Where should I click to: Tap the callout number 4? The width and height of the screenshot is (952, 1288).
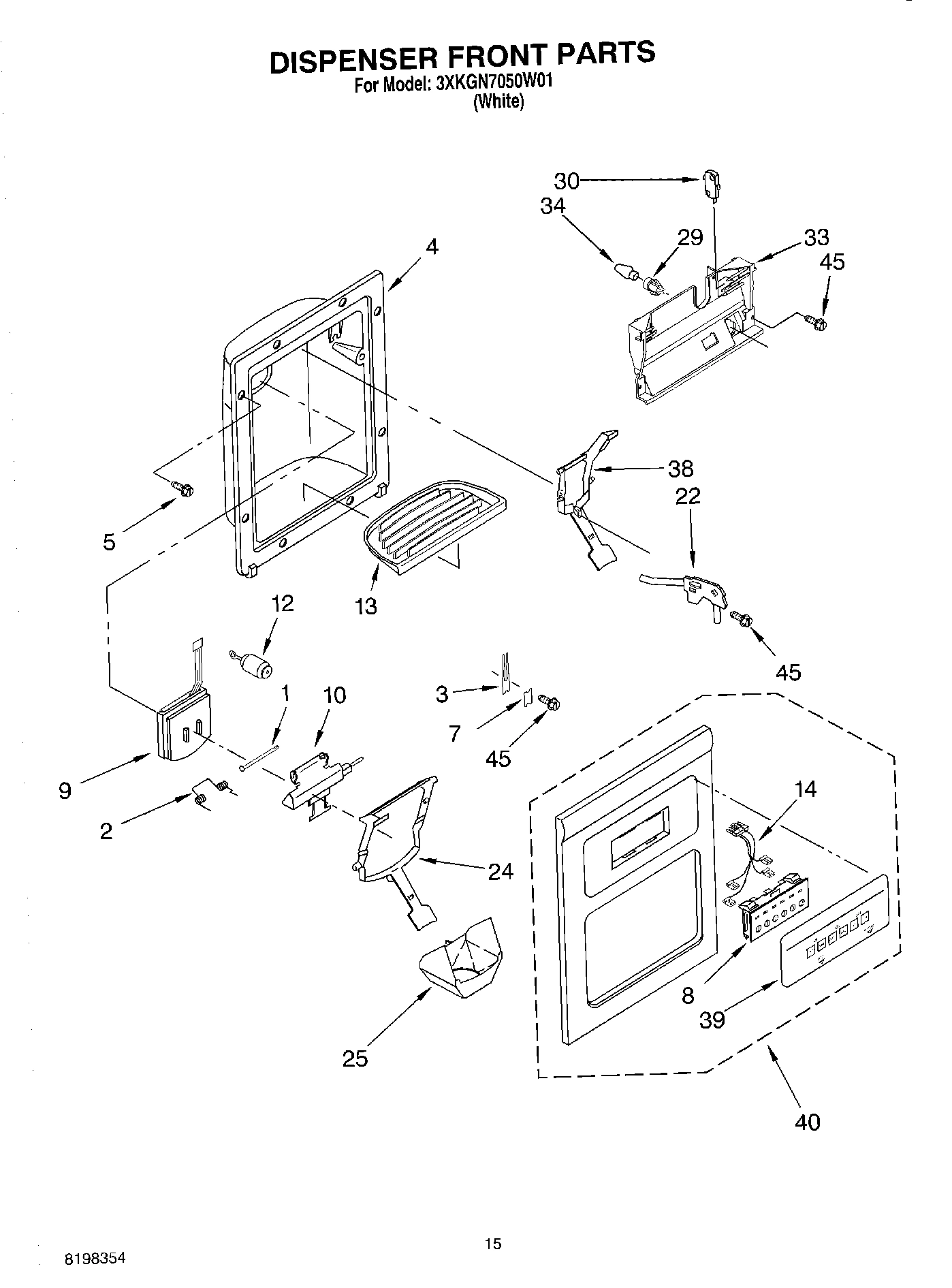pyautogui.click(x=432, y=247)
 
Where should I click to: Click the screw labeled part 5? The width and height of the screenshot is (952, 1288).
pyautogui.click(x=183, y=488)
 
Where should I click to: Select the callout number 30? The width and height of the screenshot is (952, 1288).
pyautogui.click(x=566, y=180)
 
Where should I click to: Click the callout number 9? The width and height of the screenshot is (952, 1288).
pyautogui.click(x=65, y=791)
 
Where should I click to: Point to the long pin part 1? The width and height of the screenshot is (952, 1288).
pyautogui.click(x=259, y=757)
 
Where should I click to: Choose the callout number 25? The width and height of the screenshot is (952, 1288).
pyautogui.click(x=355, y=1058)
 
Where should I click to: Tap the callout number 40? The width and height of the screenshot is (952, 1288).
pyautogui.click(x=808, y=1121)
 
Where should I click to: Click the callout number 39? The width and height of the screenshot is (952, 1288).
pyautogui.click(x=712, y=1020)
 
